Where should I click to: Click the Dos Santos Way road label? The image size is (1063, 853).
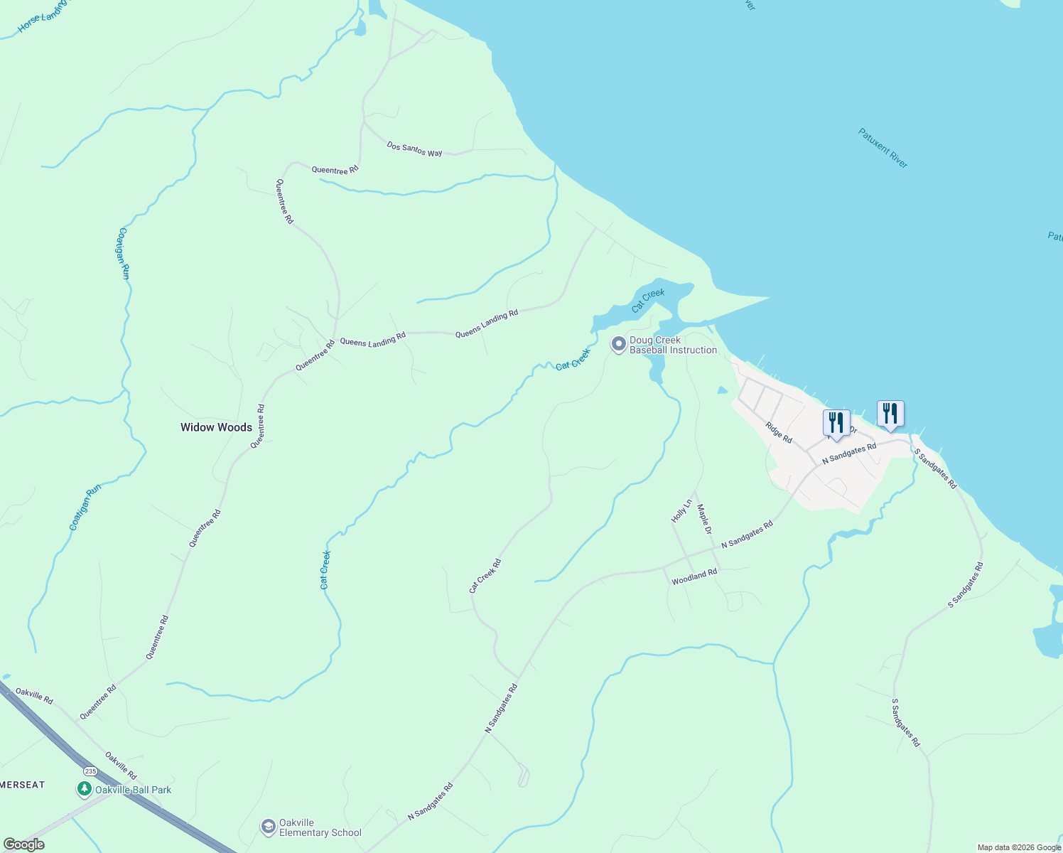tap(414, 149)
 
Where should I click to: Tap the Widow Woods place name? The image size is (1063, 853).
tap(216, 427)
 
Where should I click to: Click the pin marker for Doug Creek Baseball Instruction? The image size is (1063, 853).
tap(618, 345)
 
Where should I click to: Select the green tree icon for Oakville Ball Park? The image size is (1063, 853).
tap(85, 789)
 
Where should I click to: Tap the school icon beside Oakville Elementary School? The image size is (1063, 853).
tap(268, 827)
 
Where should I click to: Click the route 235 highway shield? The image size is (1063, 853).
tap(90, 771)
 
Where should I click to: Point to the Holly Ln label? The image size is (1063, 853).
tap(681, 511)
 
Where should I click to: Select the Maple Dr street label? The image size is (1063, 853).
tap(704, 520)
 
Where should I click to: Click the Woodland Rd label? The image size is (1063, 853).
tap(694, 576)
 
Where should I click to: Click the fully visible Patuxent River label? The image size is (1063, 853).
tap(883, 148)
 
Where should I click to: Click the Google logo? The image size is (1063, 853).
tap(23, 844)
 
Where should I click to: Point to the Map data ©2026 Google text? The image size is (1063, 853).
tap(1019, 847)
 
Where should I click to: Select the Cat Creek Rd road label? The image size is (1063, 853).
tap(485, 576)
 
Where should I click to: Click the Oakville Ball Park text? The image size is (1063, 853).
tap(133, 790)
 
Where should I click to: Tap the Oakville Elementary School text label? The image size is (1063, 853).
tap(320, 827)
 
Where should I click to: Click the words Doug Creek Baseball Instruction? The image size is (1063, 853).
tap(673, 345)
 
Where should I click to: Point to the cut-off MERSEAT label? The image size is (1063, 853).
tap(22, 785)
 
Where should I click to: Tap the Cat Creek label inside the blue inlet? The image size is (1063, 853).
tap(648, 300)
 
